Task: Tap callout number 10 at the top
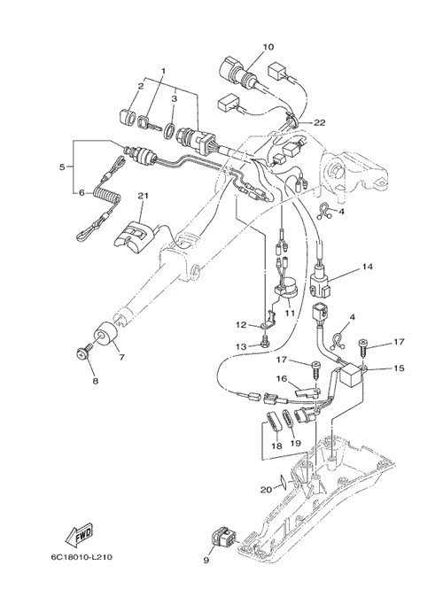[268, 47]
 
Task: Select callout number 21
[143, 196]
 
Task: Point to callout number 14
[367, 267]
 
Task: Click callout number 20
[266, 489]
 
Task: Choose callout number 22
[319, 122]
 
